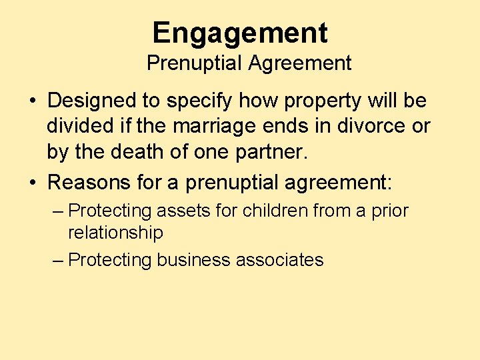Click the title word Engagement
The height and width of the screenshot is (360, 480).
(240, 33)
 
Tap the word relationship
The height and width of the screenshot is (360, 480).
(115, 233)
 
